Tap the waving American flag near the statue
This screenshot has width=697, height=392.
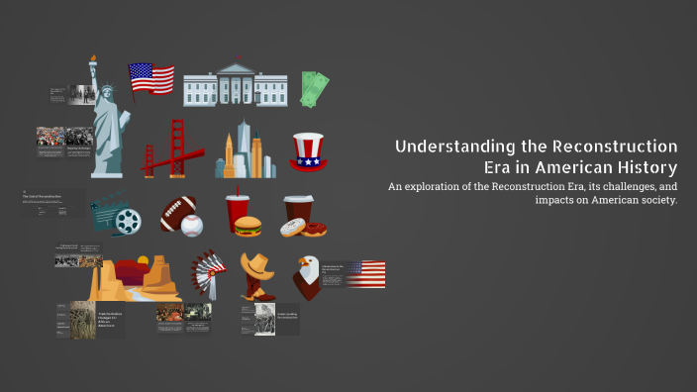[x=150, y=78]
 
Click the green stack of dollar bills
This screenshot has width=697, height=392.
[x=316, y=89]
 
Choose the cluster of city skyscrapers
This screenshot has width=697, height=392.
[x=245, y=151]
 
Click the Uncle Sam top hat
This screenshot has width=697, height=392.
[x=308, y=151]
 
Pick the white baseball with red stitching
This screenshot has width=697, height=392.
[x=192, y=226]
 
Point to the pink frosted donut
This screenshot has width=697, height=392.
[x=293, y=228]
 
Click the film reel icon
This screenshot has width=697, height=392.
[x=126, y=221]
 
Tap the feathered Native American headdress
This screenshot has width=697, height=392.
[x=209, y=271]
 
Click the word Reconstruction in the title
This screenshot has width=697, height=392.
[x=621, y=147]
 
